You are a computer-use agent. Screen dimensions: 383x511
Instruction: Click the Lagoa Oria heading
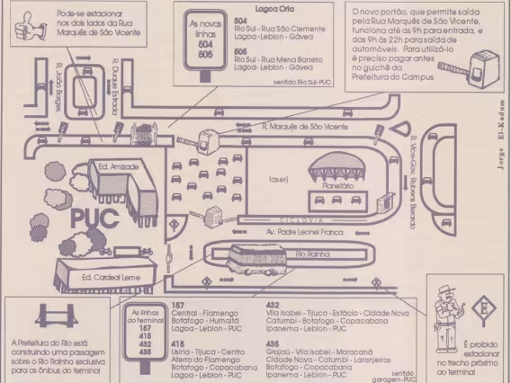click(274, 7)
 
